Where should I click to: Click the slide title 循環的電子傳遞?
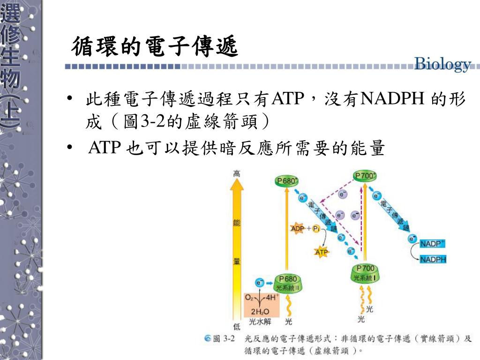(155, 47)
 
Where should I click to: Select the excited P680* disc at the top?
(287, 181)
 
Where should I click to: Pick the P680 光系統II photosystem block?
(287, 283)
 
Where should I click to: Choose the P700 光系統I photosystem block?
(366, 273)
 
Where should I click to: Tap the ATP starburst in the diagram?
(322, 252)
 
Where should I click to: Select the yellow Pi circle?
(316, 229)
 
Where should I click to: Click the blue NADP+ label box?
(432, 244)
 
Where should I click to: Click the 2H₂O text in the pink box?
(260, 311)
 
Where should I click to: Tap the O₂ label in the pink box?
(250, 297)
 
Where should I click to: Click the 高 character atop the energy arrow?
(237, 174)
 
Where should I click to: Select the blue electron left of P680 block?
(260, 283)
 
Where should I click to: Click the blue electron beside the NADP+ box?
(412, 239)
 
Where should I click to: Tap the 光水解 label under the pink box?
(260, 322)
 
